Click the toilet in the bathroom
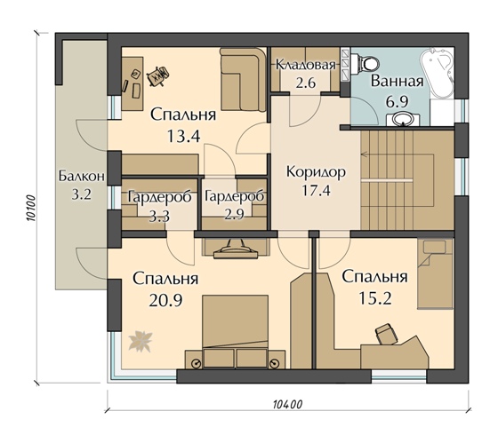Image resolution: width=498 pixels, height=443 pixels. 367,62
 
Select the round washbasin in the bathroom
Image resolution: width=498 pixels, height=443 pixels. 403,120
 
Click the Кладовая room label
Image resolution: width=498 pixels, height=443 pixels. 305,65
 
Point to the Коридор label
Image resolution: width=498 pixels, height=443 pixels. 316,172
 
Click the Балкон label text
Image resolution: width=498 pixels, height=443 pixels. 82,176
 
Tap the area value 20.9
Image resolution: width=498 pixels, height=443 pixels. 165,300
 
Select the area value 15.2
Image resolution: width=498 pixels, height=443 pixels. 374,297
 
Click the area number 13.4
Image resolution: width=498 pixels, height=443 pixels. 183,136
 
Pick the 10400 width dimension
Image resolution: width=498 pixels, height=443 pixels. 288,404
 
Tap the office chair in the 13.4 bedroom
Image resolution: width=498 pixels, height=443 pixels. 157,75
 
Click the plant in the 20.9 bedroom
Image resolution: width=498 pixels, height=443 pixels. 141,341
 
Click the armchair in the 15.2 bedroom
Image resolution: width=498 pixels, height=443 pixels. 386,334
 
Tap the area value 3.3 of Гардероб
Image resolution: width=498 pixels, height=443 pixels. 159,217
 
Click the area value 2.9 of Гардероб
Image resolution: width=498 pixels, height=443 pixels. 235,215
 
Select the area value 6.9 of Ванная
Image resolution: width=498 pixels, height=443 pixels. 397,101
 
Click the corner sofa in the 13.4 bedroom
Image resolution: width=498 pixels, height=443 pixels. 244,79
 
